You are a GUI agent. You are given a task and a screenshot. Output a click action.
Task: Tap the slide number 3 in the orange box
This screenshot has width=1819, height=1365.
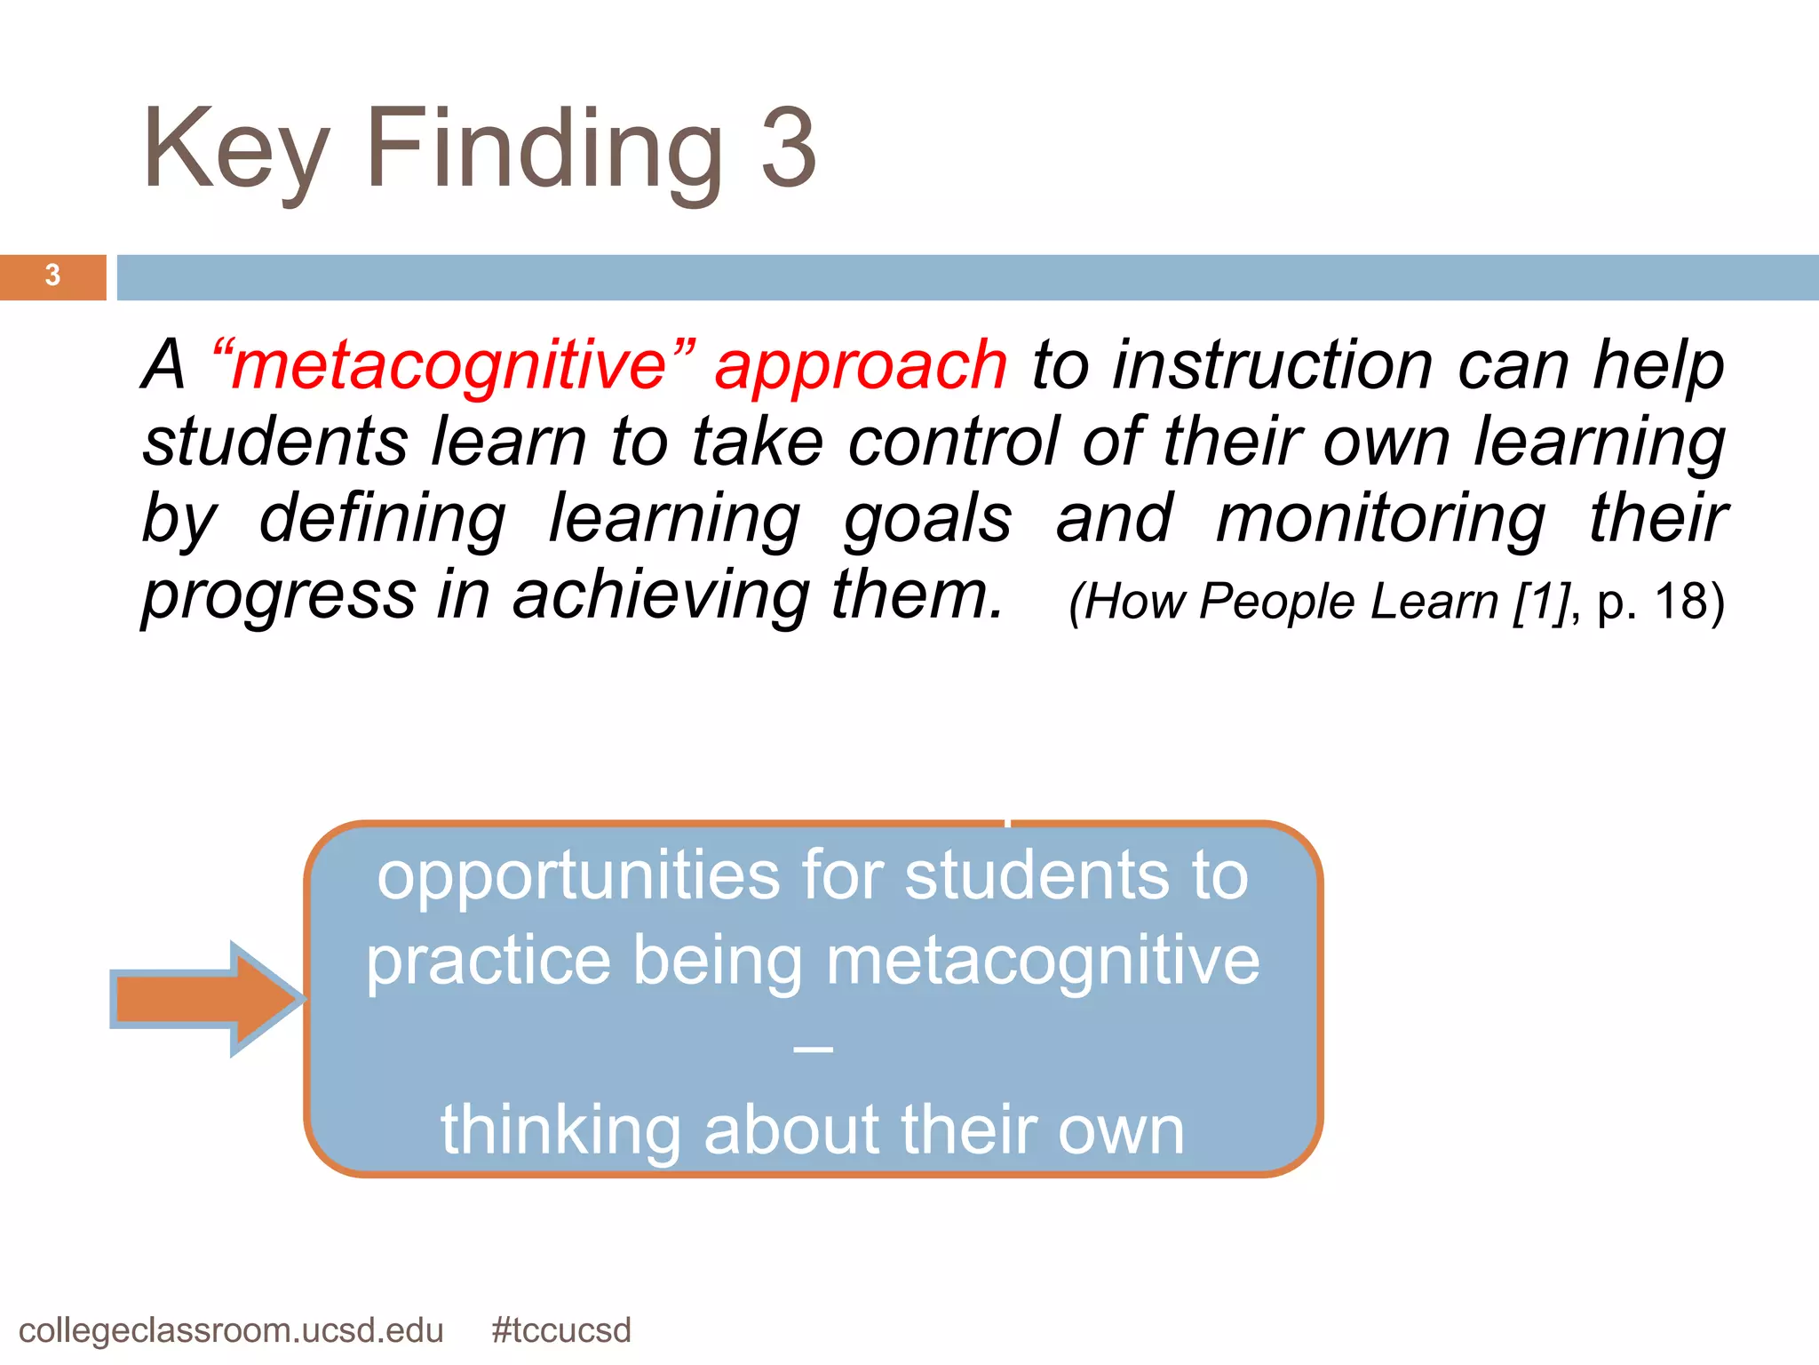coord(52,275)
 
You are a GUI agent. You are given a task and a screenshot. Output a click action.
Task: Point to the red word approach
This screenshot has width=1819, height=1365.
coord(861,366)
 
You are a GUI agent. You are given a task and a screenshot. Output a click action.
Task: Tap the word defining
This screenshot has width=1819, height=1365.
coord(383,518)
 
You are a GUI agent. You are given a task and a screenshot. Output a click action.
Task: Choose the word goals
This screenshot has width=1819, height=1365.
coord(927,520)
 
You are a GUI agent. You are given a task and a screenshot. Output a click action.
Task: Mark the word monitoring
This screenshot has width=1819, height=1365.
coord(1380,520)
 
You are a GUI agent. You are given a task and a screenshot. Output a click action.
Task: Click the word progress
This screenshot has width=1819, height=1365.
coord(279,595)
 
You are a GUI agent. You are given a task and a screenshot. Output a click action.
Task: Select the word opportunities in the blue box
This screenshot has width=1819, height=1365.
coord(578,876)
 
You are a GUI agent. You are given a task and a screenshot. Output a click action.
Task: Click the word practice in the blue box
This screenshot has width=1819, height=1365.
coord(489,962)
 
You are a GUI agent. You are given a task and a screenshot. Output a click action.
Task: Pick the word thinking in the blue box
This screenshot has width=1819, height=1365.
coord(560,1130)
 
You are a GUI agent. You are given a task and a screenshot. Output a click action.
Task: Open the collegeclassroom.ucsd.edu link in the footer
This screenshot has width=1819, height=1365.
coord(231,1330)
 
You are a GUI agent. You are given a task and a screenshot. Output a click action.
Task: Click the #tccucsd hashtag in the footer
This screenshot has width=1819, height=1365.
coord(561,1330)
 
